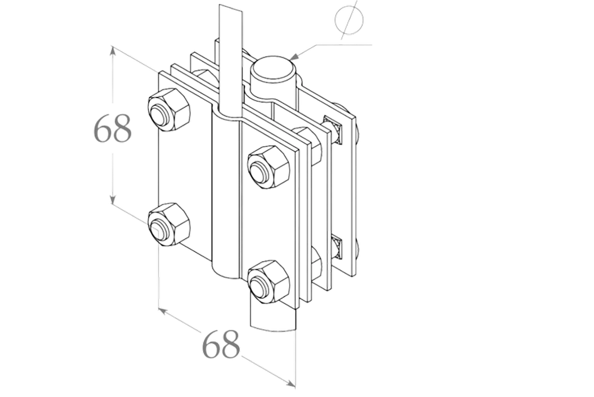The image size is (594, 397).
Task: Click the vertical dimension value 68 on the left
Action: coord(113,128)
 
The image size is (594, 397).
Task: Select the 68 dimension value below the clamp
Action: coord(221,344)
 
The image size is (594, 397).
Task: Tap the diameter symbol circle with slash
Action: coord(349,21)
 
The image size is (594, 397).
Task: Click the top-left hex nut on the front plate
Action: coord(169,110)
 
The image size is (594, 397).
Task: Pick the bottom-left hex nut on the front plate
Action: coord(169,224)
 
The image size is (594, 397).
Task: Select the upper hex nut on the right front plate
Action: coord(268,167)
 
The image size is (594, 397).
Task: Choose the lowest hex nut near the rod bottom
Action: coord(268,282)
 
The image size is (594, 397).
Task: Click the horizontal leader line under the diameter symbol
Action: coord(344,45)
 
